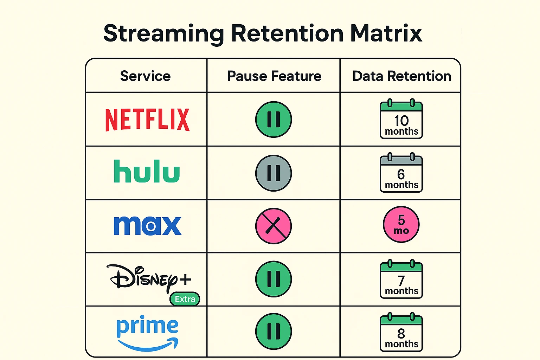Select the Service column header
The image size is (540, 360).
pyautogui.click(x=145, y=76)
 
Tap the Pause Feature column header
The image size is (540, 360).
pyautogui.click(x=274, y=76)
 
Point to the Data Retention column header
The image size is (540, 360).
pyautogui.click(x=401, y=76)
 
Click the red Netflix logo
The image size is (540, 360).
pyautogui.click(x=147, y=120)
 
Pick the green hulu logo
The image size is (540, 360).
pyautogui.click(x=147, y=171)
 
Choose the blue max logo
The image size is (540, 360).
pyautogui.click(x=147, y=225)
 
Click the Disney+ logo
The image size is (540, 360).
pyautogui.click(x=149, y=278)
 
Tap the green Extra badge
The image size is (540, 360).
pyautogui.click(x=185, y=299)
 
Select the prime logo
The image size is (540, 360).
pyautogui.click(x=147, y=332)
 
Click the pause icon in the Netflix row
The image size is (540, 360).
pyautogui.click(x=274, y=119)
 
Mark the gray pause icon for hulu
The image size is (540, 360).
pyautogui.click(x=274, y=173)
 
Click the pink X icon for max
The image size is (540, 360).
pyautogui.click(x=274, y=226)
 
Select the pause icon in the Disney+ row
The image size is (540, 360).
pyautogui.click(x=274, y=279)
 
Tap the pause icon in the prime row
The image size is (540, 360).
pyautogui.click(x=274, y=331)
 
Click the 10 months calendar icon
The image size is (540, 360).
pyautogui.click(x=401, y=120)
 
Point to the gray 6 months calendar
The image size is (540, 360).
pyautogui.click(x=401, y=173)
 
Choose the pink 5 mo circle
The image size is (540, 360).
pyautogui.click(x=401, y=224)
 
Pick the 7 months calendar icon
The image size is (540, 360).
pyautogui.click(x=401, y=279)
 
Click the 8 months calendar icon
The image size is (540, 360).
pyautogui.click(x=401, y=333)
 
